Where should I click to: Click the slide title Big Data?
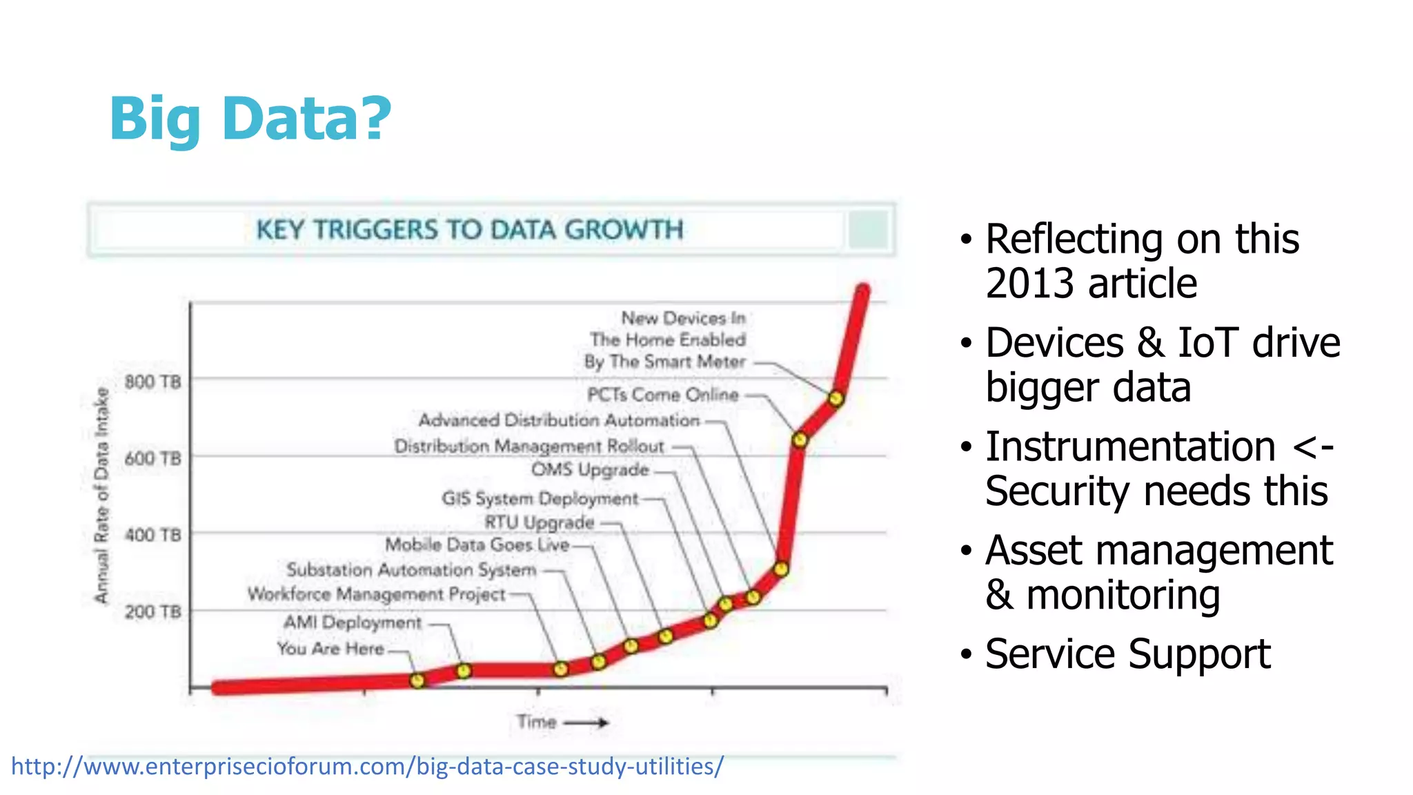pos(250,119)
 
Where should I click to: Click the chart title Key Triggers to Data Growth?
pos(469,230)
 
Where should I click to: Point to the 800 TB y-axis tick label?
pos(152,382)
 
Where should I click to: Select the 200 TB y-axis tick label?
pos(152,611)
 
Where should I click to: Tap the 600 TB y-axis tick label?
pos(152,458)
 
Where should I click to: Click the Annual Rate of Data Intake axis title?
pos(102,495)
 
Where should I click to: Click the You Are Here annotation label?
pos(330,649)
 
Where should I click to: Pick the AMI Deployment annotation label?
pos(353,622)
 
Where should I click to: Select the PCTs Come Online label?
pos(662,395)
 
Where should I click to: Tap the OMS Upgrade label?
pos(590,470)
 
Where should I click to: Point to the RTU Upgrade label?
pos(539,522)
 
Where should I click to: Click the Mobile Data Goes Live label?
pos(477,544)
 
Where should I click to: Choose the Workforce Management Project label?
pos(377,594)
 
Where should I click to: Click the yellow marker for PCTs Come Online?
pos(800,440)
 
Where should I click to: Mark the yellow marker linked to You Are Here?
pos(417,680)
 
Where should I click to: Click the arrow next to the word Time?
pos(586,723)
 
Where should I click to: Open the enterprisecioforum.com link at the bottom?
pos(367,767)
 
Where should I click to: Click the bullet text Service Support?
pos(1127,654)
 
